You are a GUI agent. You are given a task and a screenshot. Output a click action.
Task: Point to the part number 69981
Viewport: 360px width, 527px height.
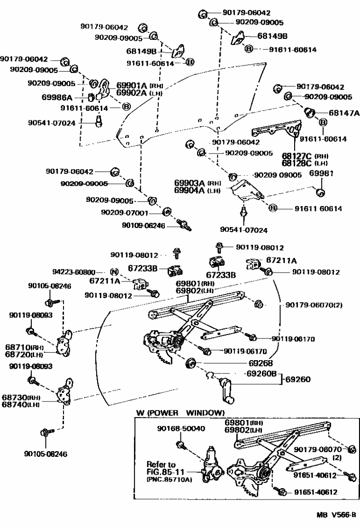(322, 174)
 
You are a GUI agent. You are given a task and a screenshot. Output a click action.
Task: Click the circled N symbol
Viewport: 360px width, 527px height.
(114, 272)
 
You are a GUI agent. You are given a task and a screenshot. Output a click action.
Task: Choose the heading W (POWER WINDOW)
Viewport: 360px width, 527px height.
(180, 413)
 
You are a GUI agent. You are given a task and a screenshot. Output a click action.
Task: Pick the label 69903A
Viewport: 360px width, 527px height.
(189, 183)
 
